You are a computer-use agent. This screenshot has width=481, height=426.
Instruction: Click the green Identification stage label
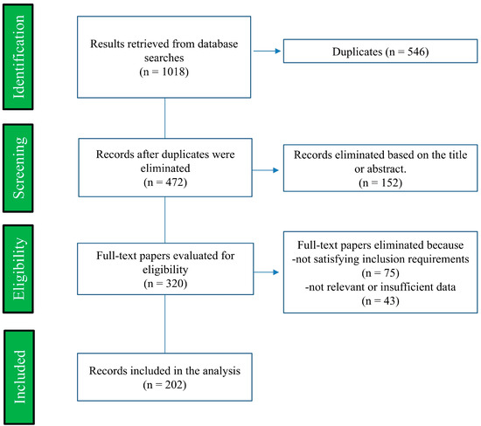point(18,57)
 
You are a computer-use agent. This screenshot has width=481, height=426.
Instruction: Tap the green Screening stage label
point(18,168)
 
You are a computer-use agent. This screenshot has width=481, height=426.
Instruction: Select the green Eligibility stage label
point(18,269)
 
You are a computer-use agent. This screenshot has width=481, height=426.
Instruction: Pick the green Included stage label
point(19,377)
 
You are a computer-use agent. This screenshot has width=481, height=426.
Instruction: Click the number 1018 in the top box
point(173,72)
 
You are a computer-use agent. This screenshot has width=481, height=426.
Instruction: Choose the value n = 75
point(380,273)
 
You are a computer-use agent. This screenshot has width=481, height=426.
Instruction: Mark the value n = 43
point(380,301)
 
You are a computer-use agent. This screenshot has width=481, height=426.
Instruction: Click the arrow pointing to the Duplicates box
point(268,52)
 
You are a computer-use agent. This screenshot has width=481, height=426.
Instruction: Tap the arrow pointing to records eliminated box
point(265,170)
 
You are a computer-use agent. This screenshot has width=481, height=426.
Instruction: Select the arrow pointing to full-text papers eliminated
point(266,272)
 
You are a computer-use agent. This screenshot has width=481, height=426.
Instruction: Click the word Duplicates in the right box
point(358,52)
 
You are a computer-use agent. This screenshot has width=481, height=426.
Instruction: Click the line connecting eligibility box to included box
point(164,324)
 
